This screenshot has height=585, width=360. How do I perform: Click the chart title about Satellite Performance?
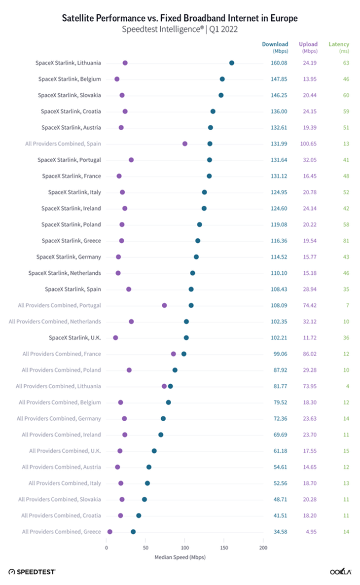pos(180,19)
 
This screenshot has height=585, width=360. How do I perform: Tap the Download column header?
pos(275,44)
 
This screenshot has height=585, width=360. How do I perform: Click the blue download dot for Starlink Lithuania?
pos(232,63)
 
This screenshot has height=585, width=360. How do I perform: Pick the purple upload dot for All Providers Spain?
pos(185,144)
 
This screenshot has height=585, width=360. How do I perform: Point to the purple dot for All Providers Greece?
pos(109,532)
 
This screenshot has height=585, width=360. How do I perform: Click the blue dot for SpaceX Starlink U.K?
pos(186,338)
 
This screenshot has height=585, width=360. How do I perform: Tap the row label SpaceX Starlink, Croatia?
pos(72,111)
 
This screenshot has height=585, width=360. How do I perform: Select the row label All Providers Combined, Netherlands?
pos(55,322)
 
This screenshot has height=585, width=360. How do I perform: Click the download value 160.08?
pos(279,63)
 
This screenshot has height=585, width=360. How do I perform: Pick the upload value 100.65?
pos(308,144)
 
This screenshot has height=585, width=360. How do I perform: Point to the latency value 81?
pos(346,241)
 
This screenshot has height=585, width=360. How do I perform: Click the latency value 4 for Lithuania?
pos(347,386)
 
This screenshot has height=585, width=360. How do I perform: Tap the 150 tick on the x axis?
pos(224,548)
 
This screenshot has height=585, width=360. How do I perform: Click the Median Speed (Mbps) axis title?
pos(180,557)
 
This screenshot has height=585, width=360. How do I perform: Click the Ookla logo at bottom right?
pos(340,571)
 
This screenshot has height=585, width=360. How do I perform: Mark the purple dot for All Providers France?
pos(174,354)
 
